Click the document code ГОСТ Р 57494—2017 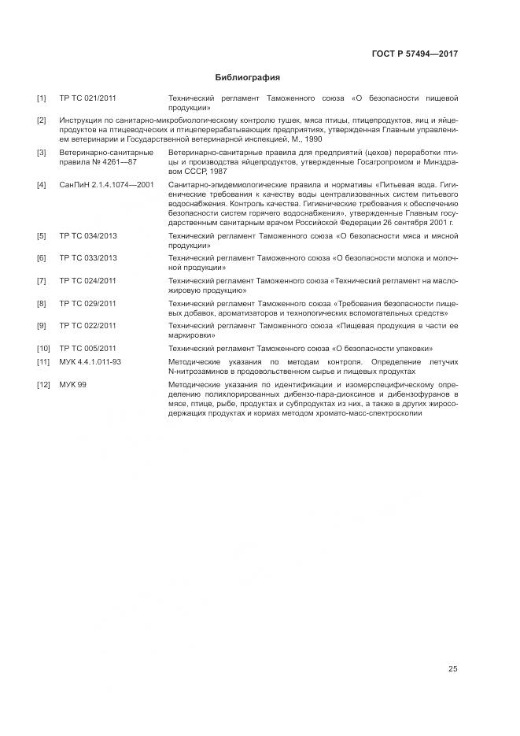tap(414, 54)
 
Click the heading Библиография tap(247, 78)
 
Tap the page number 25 tap(452, 669)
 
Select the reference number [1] tap(42, 98)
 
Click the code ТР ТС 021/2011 tap(87, 98)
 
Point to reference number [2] tap(42, 120)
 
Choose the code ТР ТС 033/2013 tap(87, 258)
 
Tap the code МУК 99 tap(72, 384)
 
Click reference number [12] tap(43, 384)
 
